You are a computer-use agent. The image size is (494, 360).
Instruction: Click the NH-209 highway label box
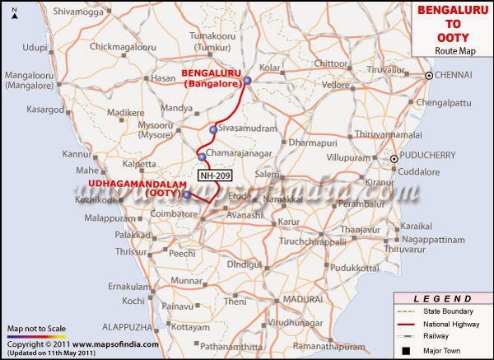click(x=215, y=175)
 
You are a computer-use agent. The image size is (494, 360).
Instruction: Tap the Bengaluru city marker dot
click(x=247, y=80)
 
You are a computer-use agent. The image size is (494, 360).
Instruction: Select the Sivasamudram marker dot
click(x=213, y=130)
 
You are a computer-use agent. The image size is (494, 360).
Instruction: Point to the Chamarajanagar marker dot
click(x=201, y=156)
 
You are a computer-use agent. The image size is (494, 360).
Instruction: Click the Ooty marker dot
click(x=187, y=195)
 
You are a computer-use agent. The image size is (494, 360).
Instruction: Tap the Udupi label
click(x=35, y=48)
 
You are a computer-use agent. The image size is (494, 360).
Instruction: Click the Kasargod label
click(x=44, y=109)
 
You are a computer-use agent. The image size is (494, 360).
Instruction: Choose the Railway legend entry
click(x=437, y=336)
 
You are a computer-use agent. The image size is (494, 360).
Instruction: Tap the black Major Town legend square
click(x=405, y=349)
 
